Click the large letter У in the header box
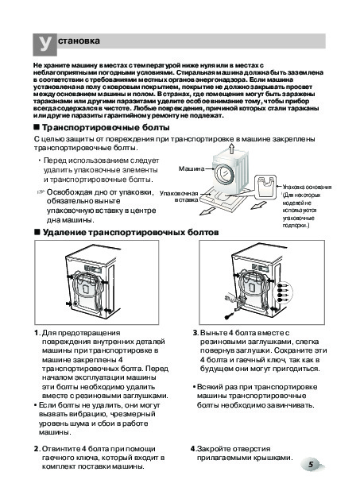point(45,44)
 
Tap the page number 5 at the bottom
point(311,465)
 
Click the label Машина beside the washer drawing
point(192,168)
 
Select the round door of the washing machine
point(225,175)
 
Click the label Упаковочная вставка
point(179,196)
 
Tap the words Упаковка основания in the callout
point(307,187)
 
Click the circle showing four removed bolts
point(284,292)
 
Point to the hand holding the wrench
point(230,297)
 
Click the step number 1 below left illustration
point(37,333)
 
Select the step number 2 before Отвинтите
point(37,449)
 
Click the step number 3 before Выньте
point(195,333)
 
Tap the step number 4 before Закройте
point(192,449)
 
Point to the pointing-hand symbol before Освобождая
point(41,192)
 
